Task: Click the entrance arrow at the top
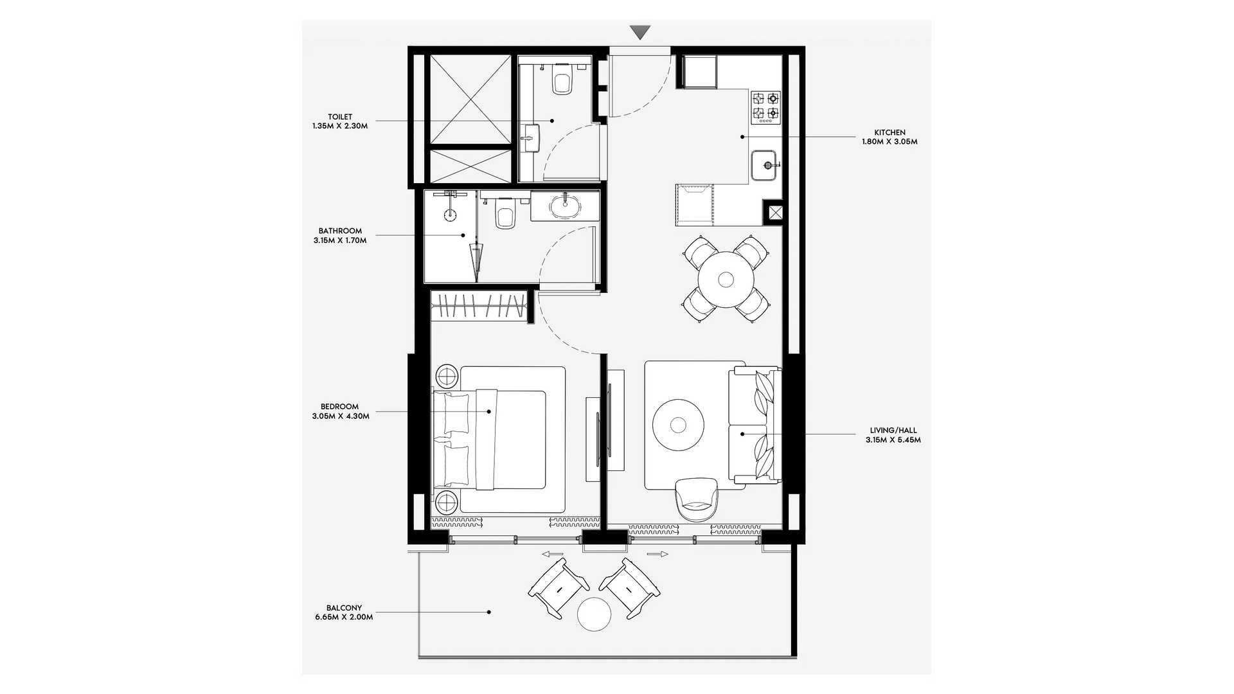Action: coord(640,32)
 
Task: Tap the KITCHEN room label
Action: coord(890,132)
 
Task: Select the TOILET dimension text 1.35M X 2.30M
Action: coord(340,126)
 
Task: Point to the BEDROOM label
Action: coord(339,406)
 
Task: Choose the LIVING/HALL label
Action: coord(893,431)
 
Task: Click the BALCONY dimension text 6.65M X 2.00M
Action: coord(344,617)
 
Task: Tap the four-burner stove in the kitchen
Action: coord(766,107)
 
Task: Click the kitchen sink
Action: coord(765,166)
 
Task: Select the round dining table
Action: coord(726,280)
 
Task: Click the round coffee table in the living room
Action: coord(678,425)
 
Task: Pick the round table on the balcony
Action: coord(594,614)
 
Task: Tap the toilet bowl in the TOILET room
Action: coord(562,80)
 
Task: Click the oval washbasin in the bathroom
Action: coord(565,206)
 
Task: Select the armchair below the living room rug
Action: coord(697,499)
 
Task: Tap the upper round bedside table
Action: coord(447,375)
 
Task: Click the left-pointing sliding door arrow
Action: coord(552,554)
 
